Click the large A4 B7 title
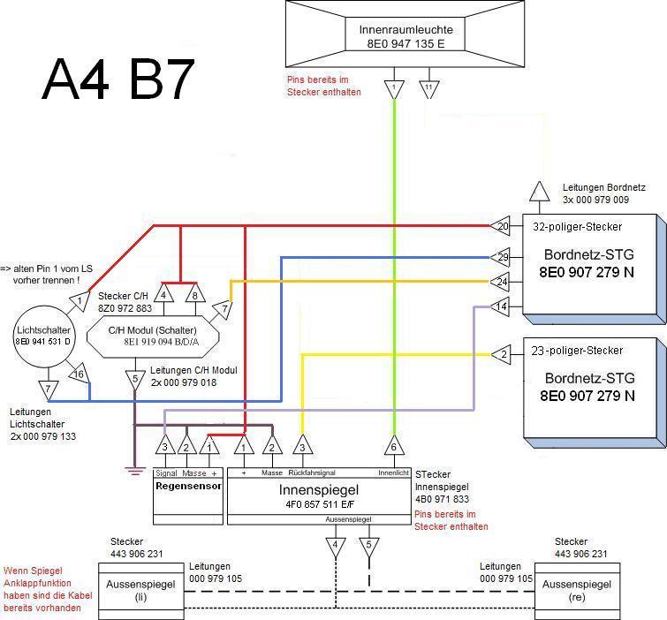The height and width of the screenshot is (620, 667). click(117, 80)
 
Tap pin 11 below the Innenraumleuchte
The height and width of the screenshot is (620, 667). click(428, 89)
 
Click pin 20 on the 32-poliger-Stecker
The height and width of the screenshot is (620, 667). click(502, 227)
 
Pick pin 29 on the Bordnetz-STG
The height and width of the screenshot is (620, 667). click(502, 257)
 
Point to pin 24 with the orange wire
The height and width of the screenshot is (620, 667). click(502, 282)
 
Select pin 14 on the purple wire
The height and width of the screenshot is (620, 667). click(502, 306)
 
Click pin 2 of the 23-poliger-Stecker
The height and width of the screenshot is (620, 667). click(502, 354)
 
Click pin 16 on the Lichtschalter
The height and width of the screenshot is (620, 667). click(79, 374)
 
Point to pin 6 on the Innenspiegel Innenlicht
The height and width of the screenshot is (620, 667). click(393, 445)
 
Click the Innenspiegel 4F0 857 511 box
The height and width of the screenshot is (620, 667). click(319, 495)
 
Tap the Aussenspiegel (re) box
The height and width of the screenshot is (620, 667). click(577, 590)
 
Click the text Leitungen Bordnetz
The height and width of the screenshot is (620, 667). click(603, 188)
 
